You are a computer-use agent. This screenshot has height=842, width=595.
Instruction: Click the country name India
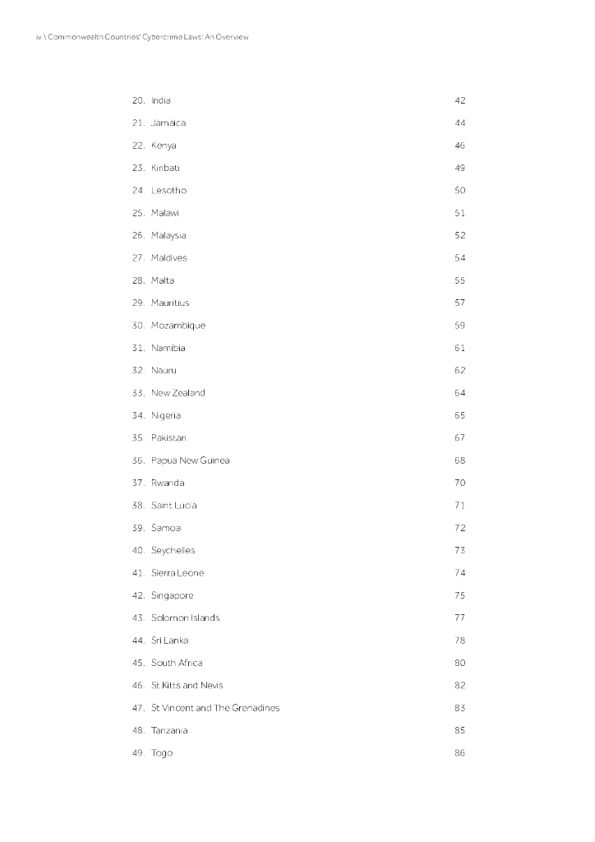point(161,100)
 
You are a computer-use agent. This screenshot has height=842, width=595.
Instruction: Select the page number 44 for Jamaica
point(459,123)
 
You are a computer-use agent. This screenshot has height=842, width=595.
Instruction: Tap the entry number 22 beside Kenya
point(138,146)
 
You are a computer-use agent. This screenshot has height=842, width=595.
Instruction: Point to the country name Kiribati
point(165,168)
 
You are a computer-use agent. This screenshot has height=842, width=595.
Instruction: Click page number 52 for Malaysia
point(459,235)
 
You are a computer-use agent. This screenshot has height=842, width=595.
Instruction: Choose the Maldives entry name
point(169,258)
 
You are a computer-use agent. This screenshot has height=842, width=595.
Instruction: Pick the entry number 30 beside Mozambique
point(138,326)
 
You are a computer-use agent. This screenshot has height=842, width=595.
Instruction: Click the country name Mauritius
point(170,303)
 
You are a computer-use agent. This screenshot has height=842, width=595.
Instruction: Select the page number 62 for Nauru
point(459,370)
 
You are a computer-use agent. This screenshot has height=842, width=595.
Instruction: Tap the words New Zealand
point(178,393)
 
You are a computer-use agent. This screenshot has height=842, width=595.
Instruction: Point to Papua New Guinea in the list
point(191,460)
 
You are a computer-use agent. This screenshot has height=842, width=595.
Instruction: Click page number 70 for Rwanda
point(459,483)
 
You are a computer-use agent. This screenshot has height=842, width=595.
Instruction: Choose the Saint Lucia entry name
point(174,506)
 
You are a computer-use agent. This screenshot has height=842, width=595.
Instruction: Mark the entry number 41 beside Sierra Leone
point(138,573)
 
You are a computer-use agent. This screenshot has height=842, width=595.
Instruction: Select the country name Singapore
point(173,595)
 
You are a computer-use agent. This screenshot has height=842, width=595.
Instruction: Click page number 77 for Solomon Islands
point(459,618)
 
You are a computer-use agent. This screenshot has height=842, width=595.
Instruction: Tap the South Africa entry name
point(177,663)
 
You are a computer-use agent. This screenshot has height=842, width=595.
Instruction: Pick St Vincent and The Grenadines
point(215,708)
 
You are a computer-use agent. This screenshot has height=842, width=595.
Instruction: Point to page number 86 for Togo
point(459,753)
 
